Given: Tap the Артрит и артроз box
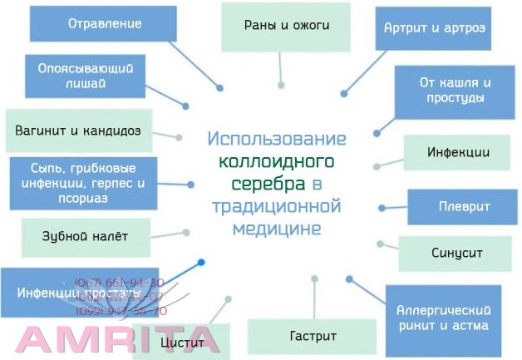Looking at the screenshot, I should click(x=435, y=27).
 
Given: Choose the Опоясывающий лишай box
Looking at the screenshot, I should click(x=86, y=76).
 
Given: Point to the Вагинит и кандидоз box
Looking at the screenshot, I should click(x=79, y=131).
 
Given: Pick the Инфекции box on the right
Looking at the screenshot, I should click(x=458, y=152).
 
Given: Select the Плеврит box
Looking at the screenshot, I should click(x=463, y=206).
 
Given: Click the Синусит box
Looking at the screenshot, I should click(x=456, y=252).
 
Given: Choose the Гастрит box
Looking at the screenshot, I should click(x=313, y=337).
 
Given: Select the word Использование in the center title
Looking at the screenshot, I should click(x=277, y=138).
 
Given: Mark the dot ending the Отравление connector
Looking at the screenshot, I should click(x=220, y=87).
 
